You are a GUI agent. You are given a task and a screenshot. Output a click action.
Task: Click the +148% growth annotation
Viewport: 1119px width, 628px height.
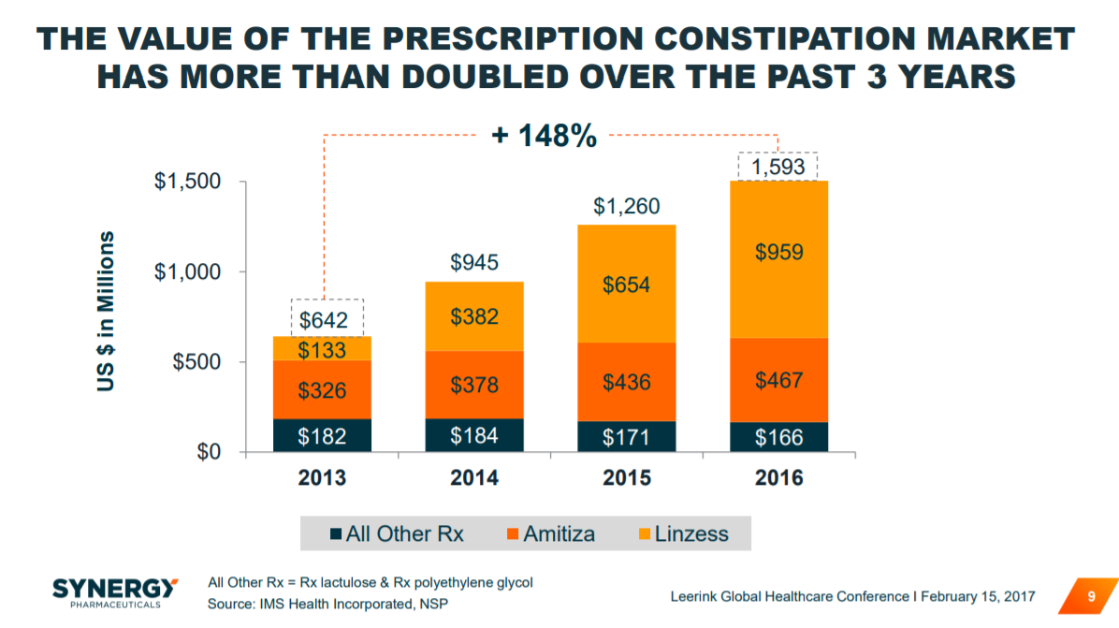544,137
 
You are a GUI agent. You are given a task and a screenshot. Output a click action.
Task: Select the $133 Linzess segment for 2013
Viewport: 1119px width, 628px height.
322,349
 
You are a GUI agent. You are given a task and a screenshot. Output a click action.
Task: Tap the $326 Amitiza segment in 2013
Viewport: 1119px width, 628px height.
322,389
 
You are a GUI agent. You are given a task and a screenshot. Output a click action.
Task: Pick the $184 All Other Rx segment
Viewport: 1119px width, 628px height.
474,435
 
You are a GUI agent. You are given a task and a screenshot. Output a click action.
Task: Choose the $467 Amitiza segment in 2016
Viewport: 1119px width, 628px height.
777,382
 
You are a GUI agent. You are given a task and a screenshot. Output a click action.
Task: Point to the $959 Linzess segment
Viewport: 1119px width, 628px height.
777,252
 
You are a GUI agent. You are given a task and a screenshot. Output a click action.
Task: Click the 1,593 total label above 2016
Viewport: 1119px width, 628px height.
778,167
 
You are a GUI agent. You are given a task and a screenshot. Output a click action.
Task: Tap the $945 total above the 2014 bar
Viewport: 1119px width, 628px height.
474,263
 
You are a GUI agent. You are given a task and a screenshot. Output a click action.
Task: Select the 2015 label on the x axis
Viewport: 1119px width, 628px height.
626,477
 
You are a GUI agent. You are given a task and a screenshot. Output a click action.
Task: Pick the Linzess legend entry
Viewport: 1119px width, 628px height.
682,534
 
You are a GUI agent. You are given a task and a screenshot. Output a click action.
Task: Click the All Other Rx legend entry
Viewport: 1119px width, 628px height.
397,534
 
